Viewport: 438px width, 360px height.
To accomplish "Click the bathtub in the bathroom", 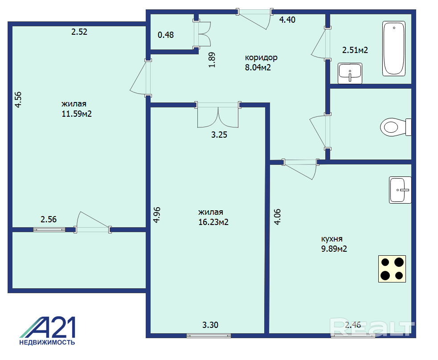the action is pyautogui.click(x=393, y=48).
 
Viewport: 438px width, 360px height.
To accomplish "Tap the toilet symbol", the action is pyautogui.click(x=396, y=127).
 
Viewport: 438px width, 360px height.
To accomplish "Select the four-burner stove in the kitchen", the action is pyautogui.click(x=392, y=269).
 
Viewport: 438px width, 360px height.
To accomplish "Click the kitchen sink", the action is pyautogui.click(x=400, y=190).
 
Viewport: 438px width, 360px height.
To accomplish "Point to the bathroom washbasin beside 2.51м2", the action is pyautogui.click(x=350, y=74).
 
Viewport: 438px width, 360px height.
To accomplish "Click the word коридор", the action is pyautogui.click(x=261, y=58).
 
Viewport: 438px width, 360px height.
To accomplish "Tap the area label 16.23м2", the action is pyautogui.click(x=213, y=222).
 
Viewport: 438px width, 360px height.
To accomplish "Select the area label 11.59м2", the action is pyautogui.click(x=77, y=114).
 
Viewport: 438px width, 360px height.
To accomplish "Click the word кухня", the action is pyautogui.click(x=332, y=239).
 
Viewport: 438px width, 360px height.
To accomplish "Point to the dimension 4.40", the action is pyautogui.click(x=287, y=20).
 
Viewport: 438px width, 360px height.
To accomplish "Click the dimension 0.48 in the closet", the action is pyautogui.click(x=166, y=35).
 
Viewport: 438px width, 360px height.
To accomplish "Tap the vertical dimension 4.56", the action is pyautogui.click(x=18, y=100).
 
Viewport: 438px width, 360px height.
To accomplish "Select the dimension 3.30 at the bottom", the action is pyautogui.click(x=210, y=325).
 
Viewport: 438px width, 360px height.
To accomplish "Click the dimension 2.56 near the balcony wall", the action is pyautogui.click(x=49, y=220).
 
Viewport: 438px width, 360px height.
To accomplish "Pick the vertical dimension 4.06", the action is pyautogui.click(x=278, y=217).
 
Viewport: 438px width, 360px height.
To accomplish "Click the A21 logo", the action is pyautogui.click(x=48, y=327).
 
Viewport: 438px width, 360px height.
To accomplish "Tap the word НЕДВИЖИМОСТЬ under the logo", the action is pyautogui.click(x=47, y=343).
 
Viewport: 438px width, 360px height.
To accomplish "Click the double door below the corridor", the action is pyautogui.click(x=218, y=115).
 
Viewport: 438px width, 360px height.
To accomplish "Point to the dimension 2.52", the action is pyautogui.click(x=79, y=32).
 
